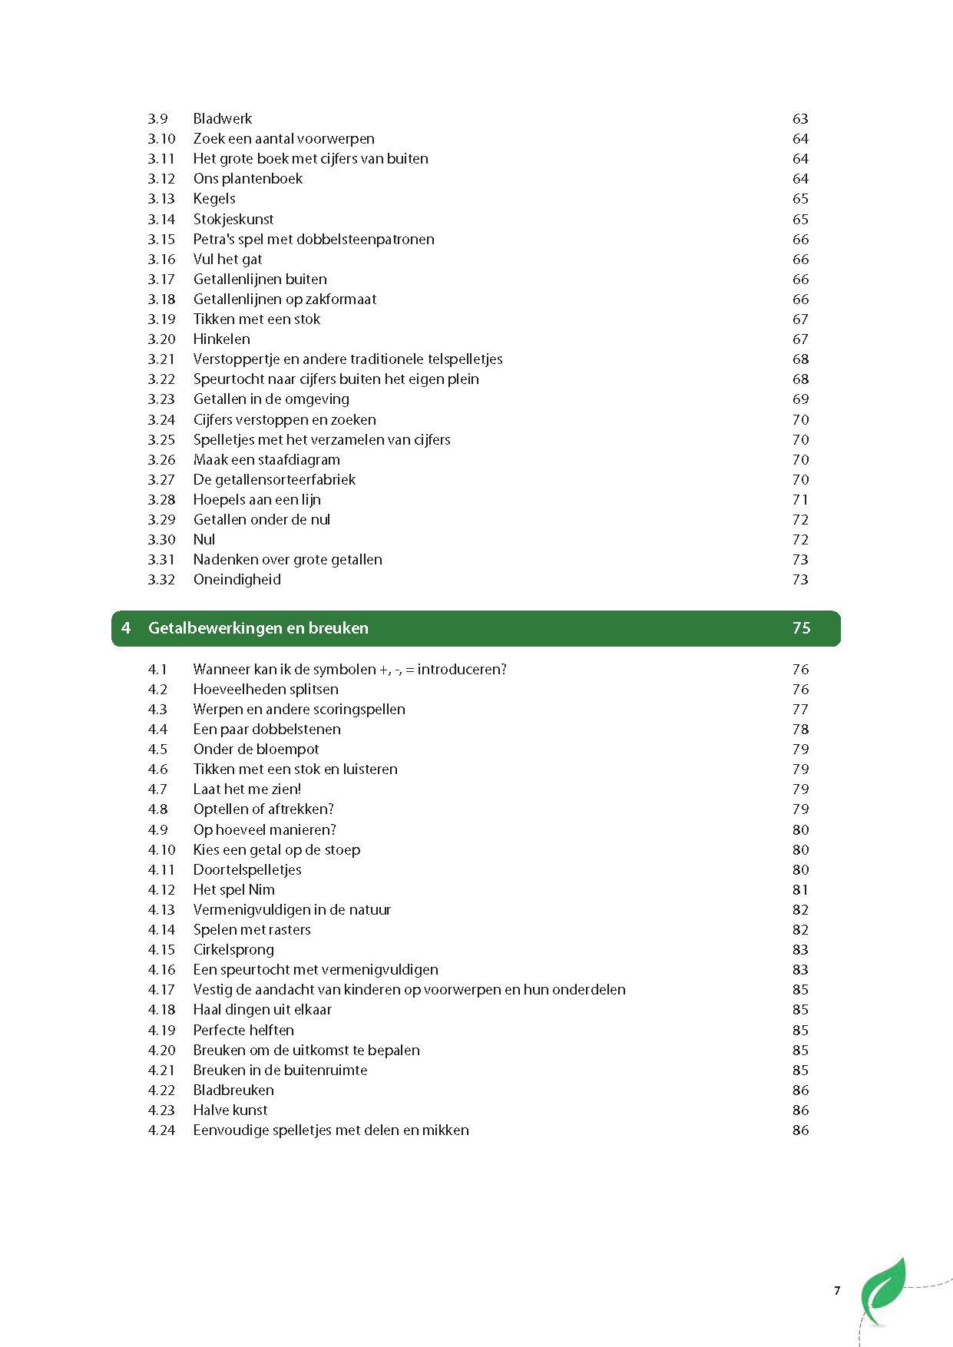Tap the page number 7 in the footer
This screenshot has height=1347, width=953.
pos(837,1291)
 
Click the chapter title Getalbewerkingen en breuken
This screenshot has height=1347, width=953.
pos(258,628)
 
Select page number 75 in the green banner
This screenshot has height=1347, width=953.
pos(801,628)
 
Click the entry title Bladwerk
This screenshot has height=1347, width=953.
pos(222,119)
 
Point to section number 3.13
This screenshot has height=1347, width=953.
pos(160,199)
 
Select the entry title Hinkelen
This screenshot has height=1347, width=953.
pos(221,339)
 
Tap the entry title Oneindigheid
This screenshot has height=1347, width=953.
pos(237,580)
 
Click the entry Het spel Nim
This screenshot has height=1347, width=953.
pos(233,890)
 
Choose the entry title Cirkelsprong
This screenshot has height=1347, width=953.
pos(233,950)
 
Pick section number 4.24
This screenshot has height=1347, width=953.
pos(161,1130)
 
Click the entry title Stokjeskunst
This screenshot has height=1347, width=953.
pos(233,220)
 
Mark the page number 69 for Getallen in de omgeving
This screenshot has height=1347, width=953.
pos(800,399)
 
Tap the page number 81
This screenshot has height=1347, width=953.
pos(800,890)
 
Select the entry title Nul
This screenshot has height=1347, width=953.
pos(204,540)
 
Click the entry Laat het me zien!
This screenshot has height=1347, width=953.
pos(247,789)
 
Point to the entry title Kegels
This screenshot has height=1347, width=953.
pos(214,199)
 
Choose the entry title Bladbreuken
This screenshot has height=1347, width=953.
pos(233,1091)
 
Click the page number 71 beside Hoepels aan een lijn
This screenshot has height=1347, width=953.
pos(800,500)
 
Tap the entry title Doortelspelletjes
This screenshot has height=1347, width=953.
pos(247,870)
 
